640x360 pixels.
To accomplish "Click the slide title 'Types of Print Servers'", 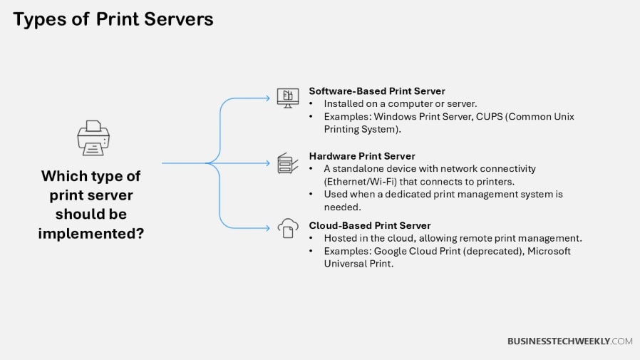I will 113,19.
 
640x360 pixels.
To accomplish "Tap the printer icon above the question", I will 93,138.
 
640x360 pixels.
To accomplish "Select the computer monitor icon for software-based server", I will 287,98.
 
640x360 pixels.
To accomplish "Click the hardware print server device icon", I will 285,163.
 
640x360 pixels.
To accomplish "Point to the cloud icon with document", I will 287,228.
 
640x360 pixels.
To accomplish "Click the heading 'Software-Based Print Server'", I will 376,91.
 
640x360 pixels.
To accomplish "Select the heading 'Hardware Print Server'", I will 361,156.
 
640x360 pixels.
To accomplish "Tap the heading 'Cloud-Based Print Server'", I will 369,225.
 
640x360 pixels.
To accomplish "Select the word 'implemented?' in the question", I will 91,232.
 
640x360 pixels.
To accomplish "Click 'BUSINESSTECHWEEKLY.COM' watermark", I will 569,341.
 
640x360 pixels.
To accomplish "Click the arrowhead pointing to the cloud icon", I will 270,228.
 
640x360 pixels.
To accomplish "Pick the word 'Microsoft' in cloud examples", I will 549,251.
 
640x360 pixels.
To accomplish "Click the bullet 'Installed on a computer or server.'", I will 401,103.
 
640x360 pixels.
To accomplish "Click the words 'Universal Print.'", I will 358,263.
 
